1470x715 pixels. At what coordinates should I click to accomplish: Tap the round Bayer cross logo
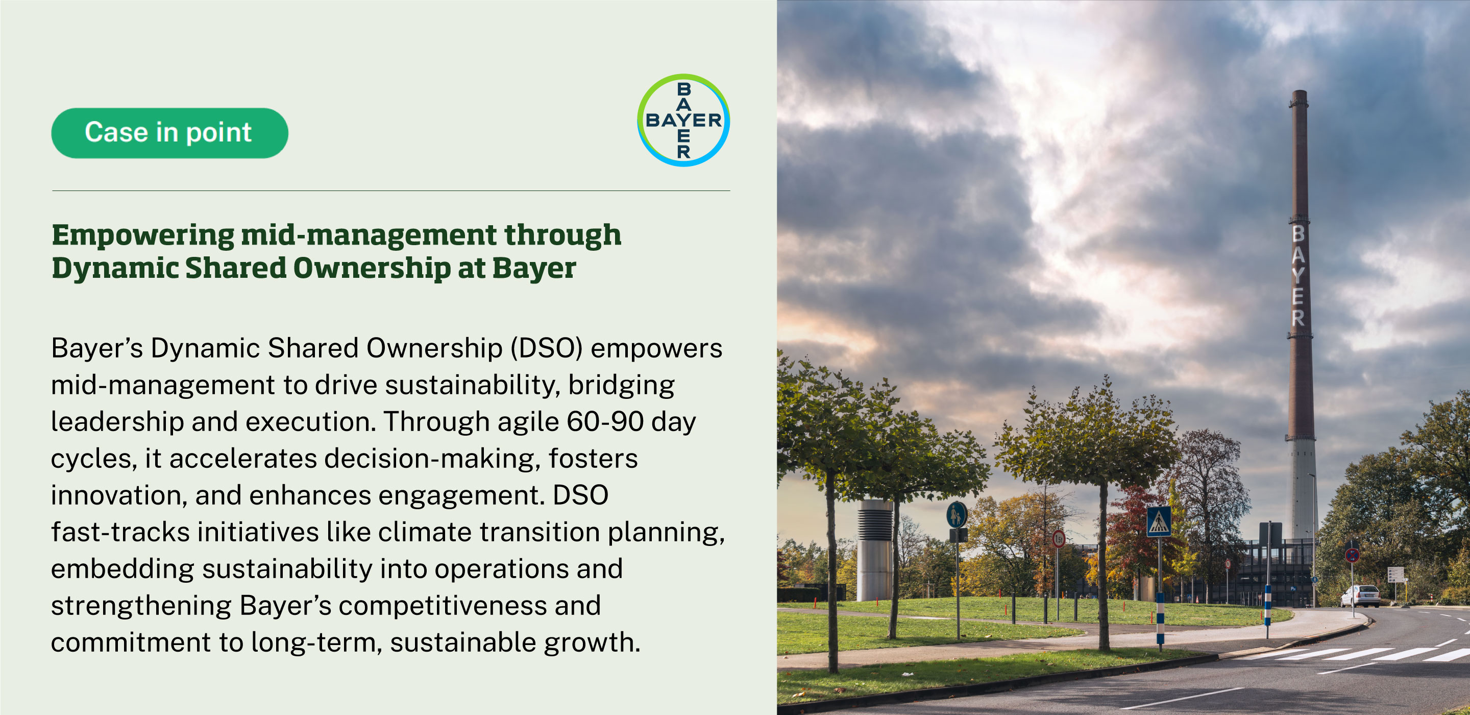coord(683,120)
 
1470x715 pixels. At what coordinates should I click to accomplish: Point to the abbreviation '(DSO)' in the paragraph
coord(546,348)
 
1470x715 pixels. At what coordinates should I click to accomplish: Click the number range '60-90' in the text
coord(605,422)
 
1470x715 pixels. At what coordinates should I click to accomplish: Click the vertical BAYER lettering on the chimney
coord(1297,275)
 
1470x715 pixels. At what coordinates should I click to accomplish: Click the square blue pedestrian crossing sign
coord(1159,521)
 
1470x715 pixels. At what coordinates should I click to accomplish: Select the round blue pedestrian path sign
coord(957,515)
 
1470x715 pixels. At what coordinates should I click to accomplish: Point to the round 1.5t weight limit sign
coord(1059,538)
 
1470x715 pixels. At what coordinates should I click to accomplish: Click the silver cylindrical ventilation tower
coord(875,550)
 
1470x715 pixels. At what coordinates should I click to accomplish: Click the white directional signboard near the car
coord(1395,574)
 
